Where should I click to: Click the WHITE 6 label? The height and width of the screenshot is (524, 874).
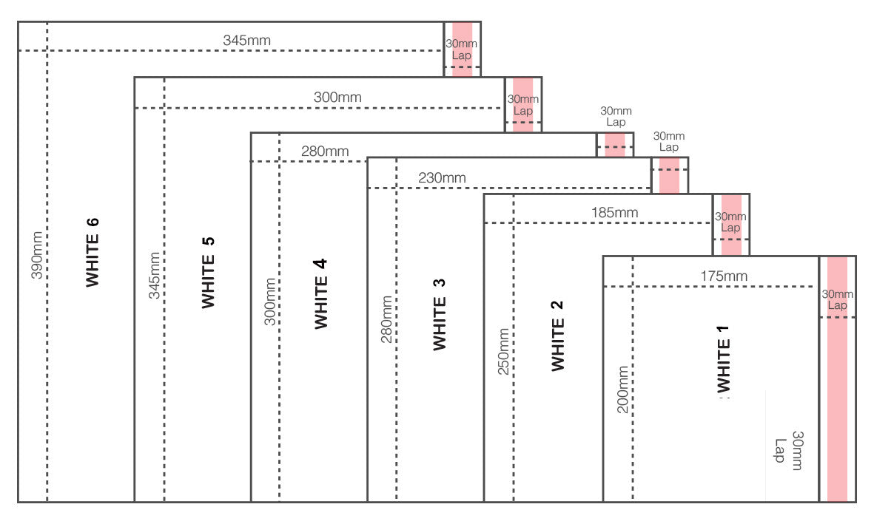click(93, 251)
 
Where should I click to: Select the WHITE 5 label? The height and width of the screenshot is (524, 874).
click(208, 272)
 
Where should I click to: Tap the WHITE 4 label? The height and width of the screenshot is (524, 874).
click(321, 293)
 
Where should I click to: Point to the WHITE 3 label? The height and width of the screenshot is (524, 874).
click(440, 314)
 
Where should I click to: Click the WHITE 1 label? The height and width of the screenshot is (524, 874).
click(725, 359)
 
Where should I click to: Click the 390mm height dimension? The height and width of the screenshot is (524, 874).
click(36, 255)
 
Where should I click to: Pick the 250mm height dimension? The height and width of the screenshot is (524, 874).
click(503, 351)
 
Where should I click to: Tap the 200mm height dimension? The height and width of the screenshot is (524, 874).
click(622, 389)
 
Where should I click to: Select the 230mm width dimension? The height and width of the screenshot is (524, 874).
click(442, 177)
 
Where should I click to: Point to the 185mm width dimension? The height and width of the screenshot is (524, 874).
click(614, 213)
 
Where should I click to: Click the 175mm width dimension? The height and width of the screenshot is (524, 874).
click(724, 276)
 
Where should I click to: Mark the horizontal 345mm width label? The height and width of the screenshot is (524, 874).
click(246, 40)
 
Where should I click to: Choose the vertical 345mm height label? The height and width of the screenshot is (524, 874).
click(154, 275)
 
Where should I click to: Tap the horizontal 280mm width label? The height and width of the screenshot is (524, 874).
click(325, 152)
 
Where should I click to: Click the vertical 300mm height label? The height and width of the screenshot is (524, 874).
click(270, 302)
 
